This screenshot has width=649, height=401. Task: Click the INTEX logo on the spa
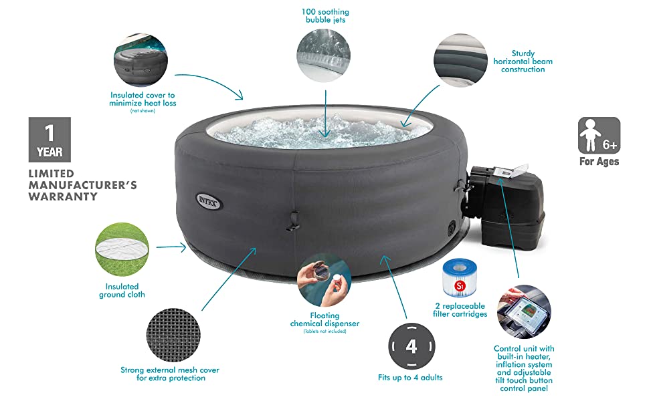click(x=209, y=201)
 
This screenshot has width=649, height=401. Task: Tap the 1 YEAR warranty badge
click(x=50, y=139)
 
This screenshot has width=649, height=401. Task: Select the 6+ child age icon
click(x=599, y=135)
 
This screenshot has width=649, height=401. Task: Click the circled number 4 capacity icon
click(x=411, y=346)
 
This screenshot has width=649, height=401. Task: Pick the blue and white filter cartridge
click(x=460, y=278)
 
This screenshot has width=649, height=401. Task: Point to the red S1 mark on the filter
click(x=460, y=285)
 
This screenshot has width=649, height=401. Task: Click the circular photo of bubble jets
click(x=324, y=55)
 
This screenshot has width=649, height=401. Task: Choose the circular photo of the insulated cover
click(x=141, y=60)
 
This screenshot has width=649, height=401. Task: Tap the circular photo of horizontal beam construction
click(x=460, y=60)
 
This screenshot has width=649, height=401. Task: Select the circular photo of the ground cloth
click(x=122, y=249)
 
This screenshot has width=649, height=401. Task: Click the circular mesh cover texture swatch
click(x=173, y=335)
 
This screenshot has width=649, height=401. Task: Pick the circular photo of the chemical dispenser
click(x=324, y=280)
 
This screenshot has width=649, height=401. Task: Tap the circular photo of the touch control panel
click(x=524, y=311)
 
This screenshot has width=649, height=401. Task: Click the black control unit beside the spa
click(x=507, y=205)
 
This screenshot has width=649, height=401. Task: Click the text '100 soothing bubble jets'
click(x=325, y=16)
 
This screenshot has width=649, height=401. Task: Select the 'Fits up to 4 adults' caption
click(x=410, y=378)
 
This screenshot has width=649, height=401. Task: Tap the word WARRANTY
click(x=63, y=196)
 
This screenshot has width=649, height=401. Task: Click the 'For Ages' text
click(x=599, y=162)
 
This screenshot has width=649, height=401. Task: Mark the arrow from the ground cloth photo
click(x=171, y=247)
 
